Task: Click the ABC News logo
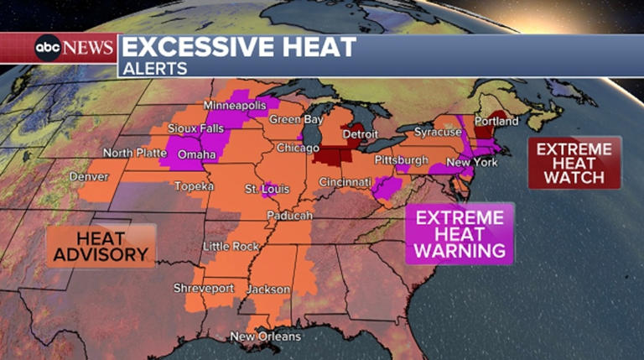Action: point(73,48)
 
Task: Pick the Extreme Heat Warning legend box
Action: point(460,234)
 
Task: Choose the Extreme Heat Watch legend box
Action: point(574,163)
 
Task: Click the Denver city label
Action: point(89,177)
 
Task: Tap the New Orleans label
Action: point(266,337)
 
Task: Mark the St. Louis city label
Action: point(262,190)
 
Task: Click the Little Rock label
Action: point(231,246)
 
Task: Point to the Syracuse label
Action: point(438,133)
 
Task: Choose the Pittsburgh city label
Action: point(401,159)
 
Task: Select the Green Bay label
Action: point(296,120)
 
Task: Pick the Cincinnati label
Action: point(345,182)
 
